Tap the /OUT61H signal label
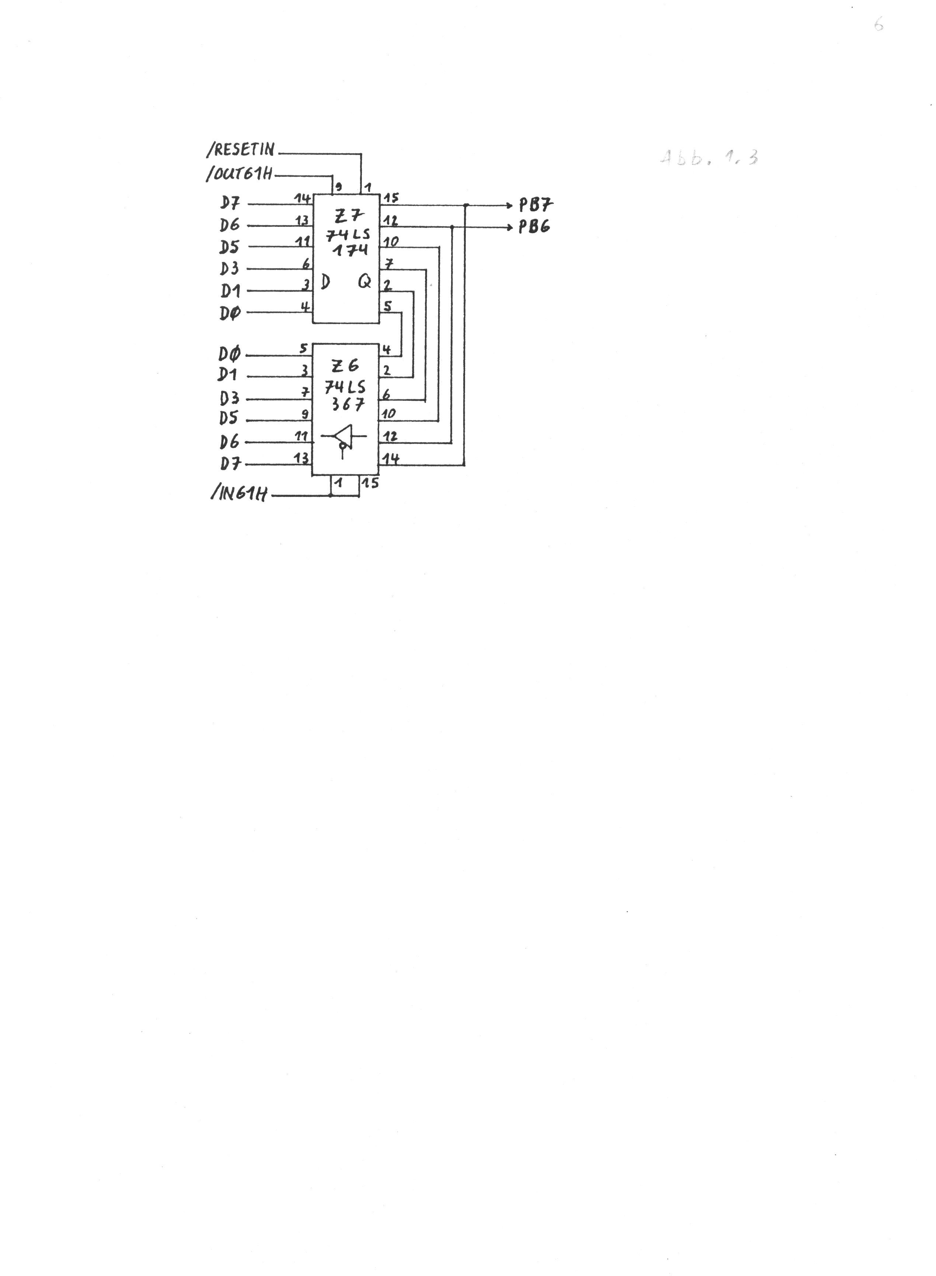(240, 174)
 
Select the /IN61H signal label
(240, 494)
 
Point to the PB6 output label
(534, 227)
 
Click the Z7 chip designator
(349, 216)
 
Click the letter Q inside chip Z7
(364, 281)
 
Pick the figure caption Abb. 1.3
(709, 157)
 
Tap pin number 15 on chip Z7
(391, 198)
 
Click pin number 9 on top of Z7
(339, 186)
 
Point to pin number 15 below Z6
(371, 483)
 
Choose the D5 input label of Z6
(228, 418)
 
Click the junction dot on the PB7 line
(465, 205)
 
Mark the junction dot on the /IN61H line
(330, 495)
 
